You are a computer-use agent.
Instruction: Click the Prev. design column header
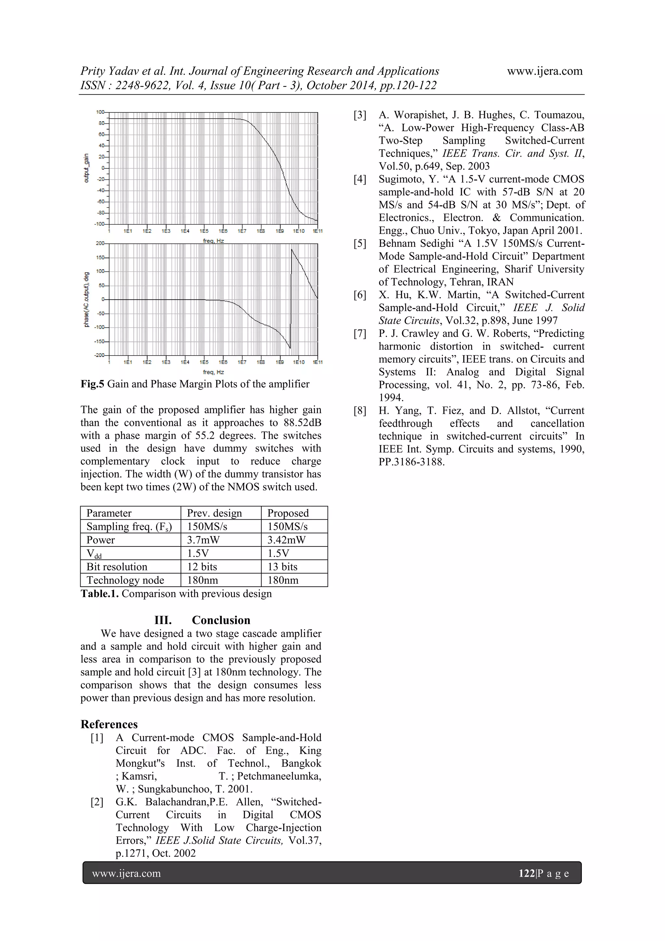(x=214, y=513)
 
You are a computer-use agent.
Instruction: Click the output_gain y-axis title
(x=86, y=168)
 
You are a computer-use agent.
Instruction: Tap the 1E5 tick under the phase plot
(x=204, y=362)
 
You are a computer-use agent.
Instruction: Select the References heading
(x=109, y=724)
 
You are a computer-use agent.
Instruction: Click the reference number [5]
(x=360, y=243)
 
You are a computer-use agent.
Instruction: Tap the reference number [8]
(x=360, y=411)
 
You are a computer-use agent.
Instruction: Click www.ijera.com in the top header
(x=545, y=71)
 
